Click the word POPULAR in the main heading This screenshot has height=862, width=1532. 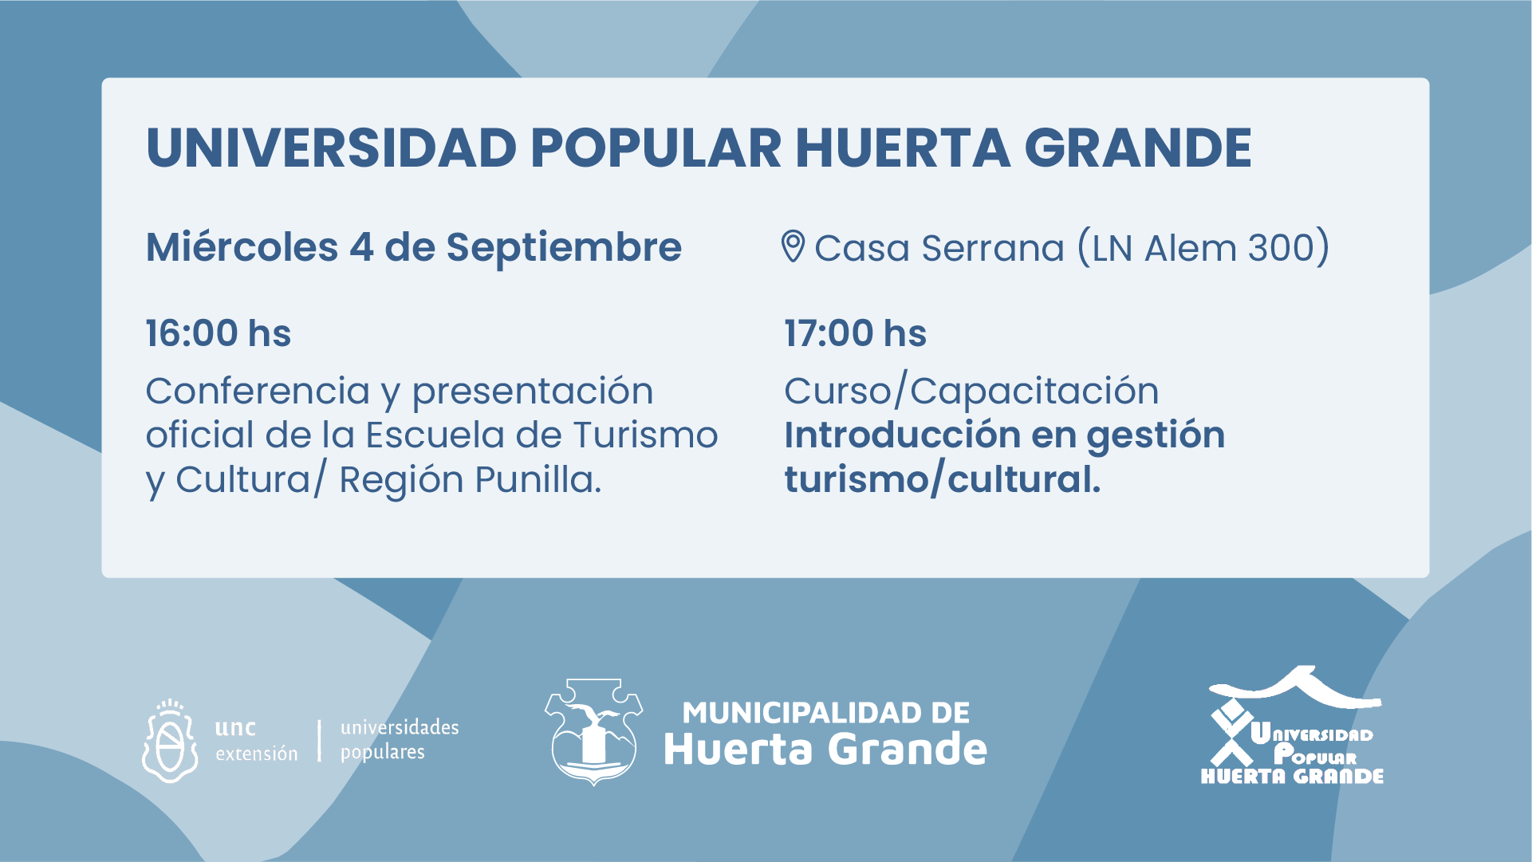(x=656, y=148)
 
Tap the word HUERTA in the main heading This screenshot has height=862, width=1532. (x=903, y=148)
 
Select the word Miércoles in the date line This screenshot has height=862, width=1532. (x=242, y=246)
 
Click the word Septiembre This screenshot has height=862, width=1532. (x=564, y=248)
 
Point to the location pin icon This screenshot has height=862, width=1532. (x=793, y=246)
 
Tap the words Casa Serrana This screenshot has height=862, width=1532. (x=939, y=248)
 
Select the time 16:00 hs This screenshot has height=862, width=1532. (x=219, y=333)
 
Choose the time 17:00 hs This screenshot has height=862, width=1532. (x=856, y=333)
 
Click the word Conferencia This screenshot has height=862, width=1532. (x=258, y=391)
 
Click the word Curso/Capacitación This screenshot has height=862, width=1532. (x=971, y=392)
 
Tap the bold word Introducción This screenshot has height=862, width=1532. (x=903, y=435)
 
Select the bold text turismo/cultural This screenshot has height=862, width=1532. (x=943, y=480)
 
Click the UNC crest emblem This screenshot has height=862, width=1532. (x=169, y=742)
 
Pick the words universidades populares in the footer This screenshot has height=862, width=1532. (x=400, y=740)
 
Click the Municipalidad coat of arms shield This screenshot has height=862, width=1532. (x=593, y=732)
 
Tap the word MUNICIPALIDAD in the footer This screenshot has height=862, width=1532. (x=826, y=713)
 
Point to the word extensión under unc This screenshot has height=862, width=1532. (x=257, y=754)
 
